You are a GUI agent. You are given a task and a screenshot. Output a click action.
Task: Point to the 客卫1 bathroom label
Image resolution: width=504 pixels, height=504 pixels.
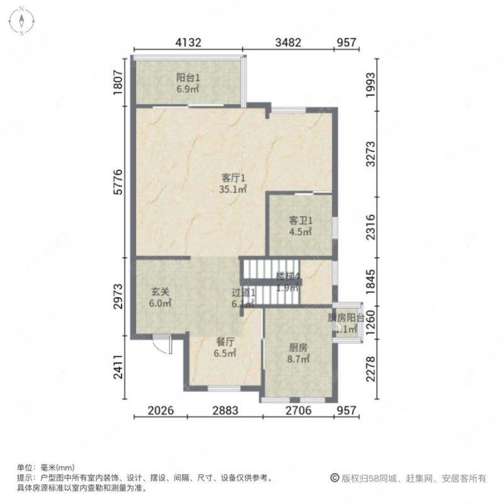coord(301,221)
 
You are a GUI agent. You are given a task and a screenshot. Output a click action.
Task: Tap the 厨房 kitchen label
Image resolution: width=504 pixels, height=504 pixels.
coord(299,348)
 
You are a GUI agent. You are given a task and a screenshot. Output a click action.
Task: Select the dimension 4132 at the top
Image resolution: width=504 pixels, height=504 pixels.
coord(188,43)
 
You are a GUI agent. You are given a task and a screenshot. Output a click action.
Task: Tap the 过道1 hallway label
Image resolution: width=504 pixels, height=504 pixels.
coord(243,293)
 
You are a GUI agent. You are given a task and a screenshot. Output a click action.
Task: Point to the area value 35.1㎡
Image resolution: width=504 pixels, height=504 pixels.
coord(232,188)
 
